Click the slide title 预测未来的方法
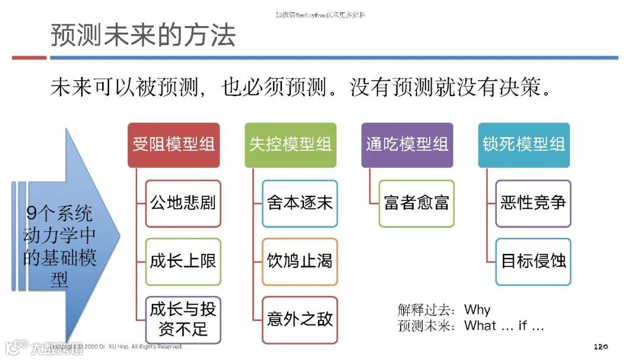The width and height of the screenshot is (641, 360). click(143, 35)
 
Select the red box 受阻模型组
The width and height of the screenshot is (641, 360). click(174, 145)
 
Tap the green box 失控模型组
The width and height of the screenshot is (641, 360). click(290, 145)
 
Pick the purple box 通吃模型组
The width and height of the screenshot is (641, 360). click(407, 145)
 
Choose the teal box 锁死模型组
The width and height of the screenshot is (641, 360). click(523, 145)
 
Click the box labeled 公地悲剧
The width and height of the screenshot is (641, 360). click(183, 203)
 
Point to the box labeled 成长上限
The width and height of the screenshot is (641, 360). click(183, 262)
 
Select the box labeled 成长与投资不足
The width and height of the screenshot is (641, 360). click(183, 320)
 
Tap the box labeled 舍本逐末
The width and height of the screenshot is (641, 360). click(300, 203)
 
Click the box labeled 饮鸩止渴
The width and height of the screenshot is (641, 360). click(300, 262)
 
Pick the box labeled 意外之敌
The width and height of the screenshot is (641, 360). click(300, 320)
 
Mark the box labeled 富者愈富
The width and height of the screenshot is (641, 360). click(417, 203)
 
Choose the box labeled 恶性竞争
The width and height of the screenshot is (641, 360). click(533, 203)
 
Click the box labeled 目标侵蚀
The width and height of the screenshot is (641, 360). click(533, 262)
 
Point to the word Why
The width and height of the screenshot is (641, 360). click(477, 310)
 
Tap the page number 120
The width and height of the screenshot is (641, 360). click(601, 346)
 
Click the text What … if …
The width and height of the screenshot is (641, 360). click(504, 326)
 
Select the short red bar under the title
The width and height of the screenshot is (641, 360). click(29, 58)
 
